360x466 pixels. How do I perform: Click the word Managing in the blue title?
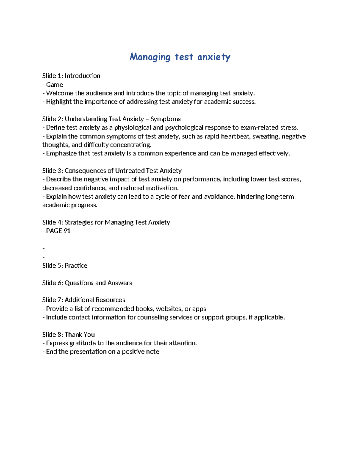pyautogui.click(x=150, y=57)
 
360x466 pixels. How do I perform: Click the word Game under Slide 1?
pyautogui.click(x=55, y=85)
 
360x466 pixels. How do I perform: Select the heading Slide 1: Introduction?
pyautogui.click(x=71, y=76)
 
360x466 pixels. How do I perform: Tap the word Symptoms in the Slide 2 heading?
pyautogui.click(x=165, y=119)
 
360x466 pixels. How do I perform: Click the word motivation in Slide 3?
pyautogui.click(x=162, y=188)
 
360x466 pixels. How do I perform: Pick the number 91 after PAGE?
pyautogui.click(x=67, y=231)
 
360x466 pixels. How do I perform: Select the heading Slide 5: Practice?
pyautogui.click(x=64, y=266)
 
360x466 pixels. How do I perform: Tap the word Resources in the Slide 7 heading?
pyautogui.click(x=110, y=300)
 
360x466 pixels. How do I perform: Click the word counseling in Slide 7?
pyautogui.click(x=152, y=317)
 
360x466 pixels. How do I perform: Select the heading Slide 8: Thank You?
pyautogui.click(x=68, y=335)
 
